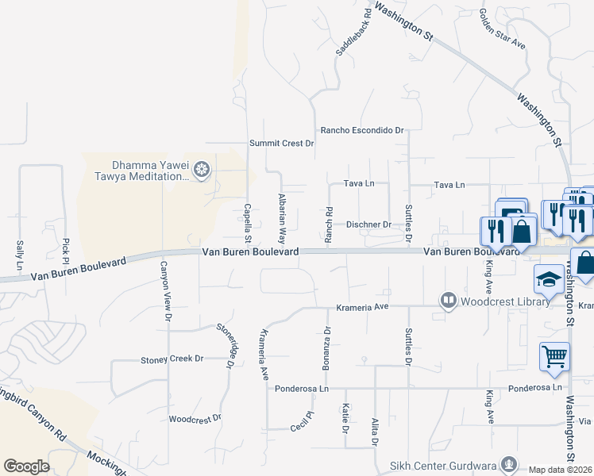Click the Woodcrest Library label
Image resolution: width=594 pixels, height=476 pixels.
(x=505, y=301)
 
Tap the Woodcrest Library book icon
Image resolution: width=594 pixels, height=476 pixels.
(x=449, y=300)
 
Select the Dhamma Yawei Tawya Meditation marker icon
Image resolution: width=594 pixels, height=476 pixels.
(x=202, y=169)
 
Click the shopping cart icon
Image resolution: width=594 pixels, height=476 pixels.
(x=553, y=356)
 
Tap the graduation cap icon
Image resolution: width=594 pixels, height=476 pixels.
(x=548, y=279)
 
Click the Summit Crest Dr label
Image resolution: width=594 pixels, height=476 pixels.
(x=282, y=144)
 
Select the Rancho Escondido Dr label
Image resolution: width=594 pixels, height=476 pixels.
(x=362, y=130)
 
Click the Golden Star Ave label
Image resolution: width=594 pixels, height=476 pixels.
(x=503, y=29)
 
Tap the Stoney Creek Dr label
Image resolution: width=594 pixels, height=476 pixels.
(x=172, y=359)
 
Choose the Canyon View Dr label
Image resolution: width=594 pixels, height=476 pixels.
(x=166, y=290)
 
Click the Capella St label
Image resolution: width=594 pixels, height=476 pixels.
(x=248, y=224)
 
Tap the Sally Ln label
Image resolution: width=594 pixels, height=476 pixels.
(x=19, y=253)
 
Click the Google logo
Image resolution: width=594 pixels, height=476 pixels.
(x=26, y=466)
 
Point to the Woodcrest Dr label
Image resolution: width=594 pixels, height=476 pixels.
(x=195, y=418)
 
